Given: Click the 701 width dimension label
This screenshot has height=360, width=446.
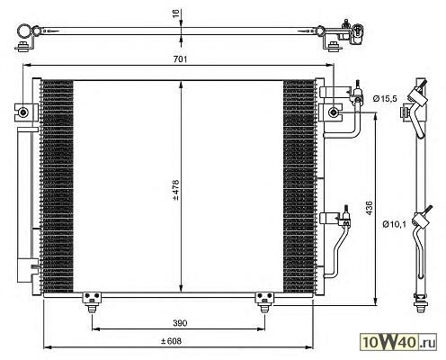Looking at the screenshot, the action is tap(180, 59).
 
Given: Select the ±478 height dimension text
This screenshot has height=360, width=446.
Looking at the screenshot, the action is tap(175, 190).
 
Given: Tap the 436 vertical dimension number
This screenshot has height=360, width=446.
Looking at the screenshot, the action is tap(370, 208).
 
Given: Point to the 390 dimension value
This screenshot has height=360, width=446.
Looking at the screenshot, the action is tap(180, 323).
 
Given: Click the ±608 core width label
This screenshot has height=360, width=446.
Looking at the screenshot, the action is tap(171, 341).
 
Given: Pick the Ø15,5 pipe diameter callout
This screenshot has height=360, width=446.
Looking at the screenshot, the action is tap(385, 98).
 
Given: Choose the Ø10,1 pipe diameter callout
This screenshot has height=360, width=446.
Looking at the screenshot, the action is tap(394, 224).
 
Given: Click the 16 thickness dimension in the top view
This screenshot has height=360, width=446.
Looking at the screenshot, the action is tap(176, 13).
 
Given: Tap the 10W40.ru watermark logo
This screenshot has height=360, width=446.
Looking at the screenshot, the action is tap(398, 342).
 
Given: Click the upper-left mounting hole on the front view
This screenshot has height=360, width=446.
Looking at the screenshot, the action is tap(22, 112).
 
